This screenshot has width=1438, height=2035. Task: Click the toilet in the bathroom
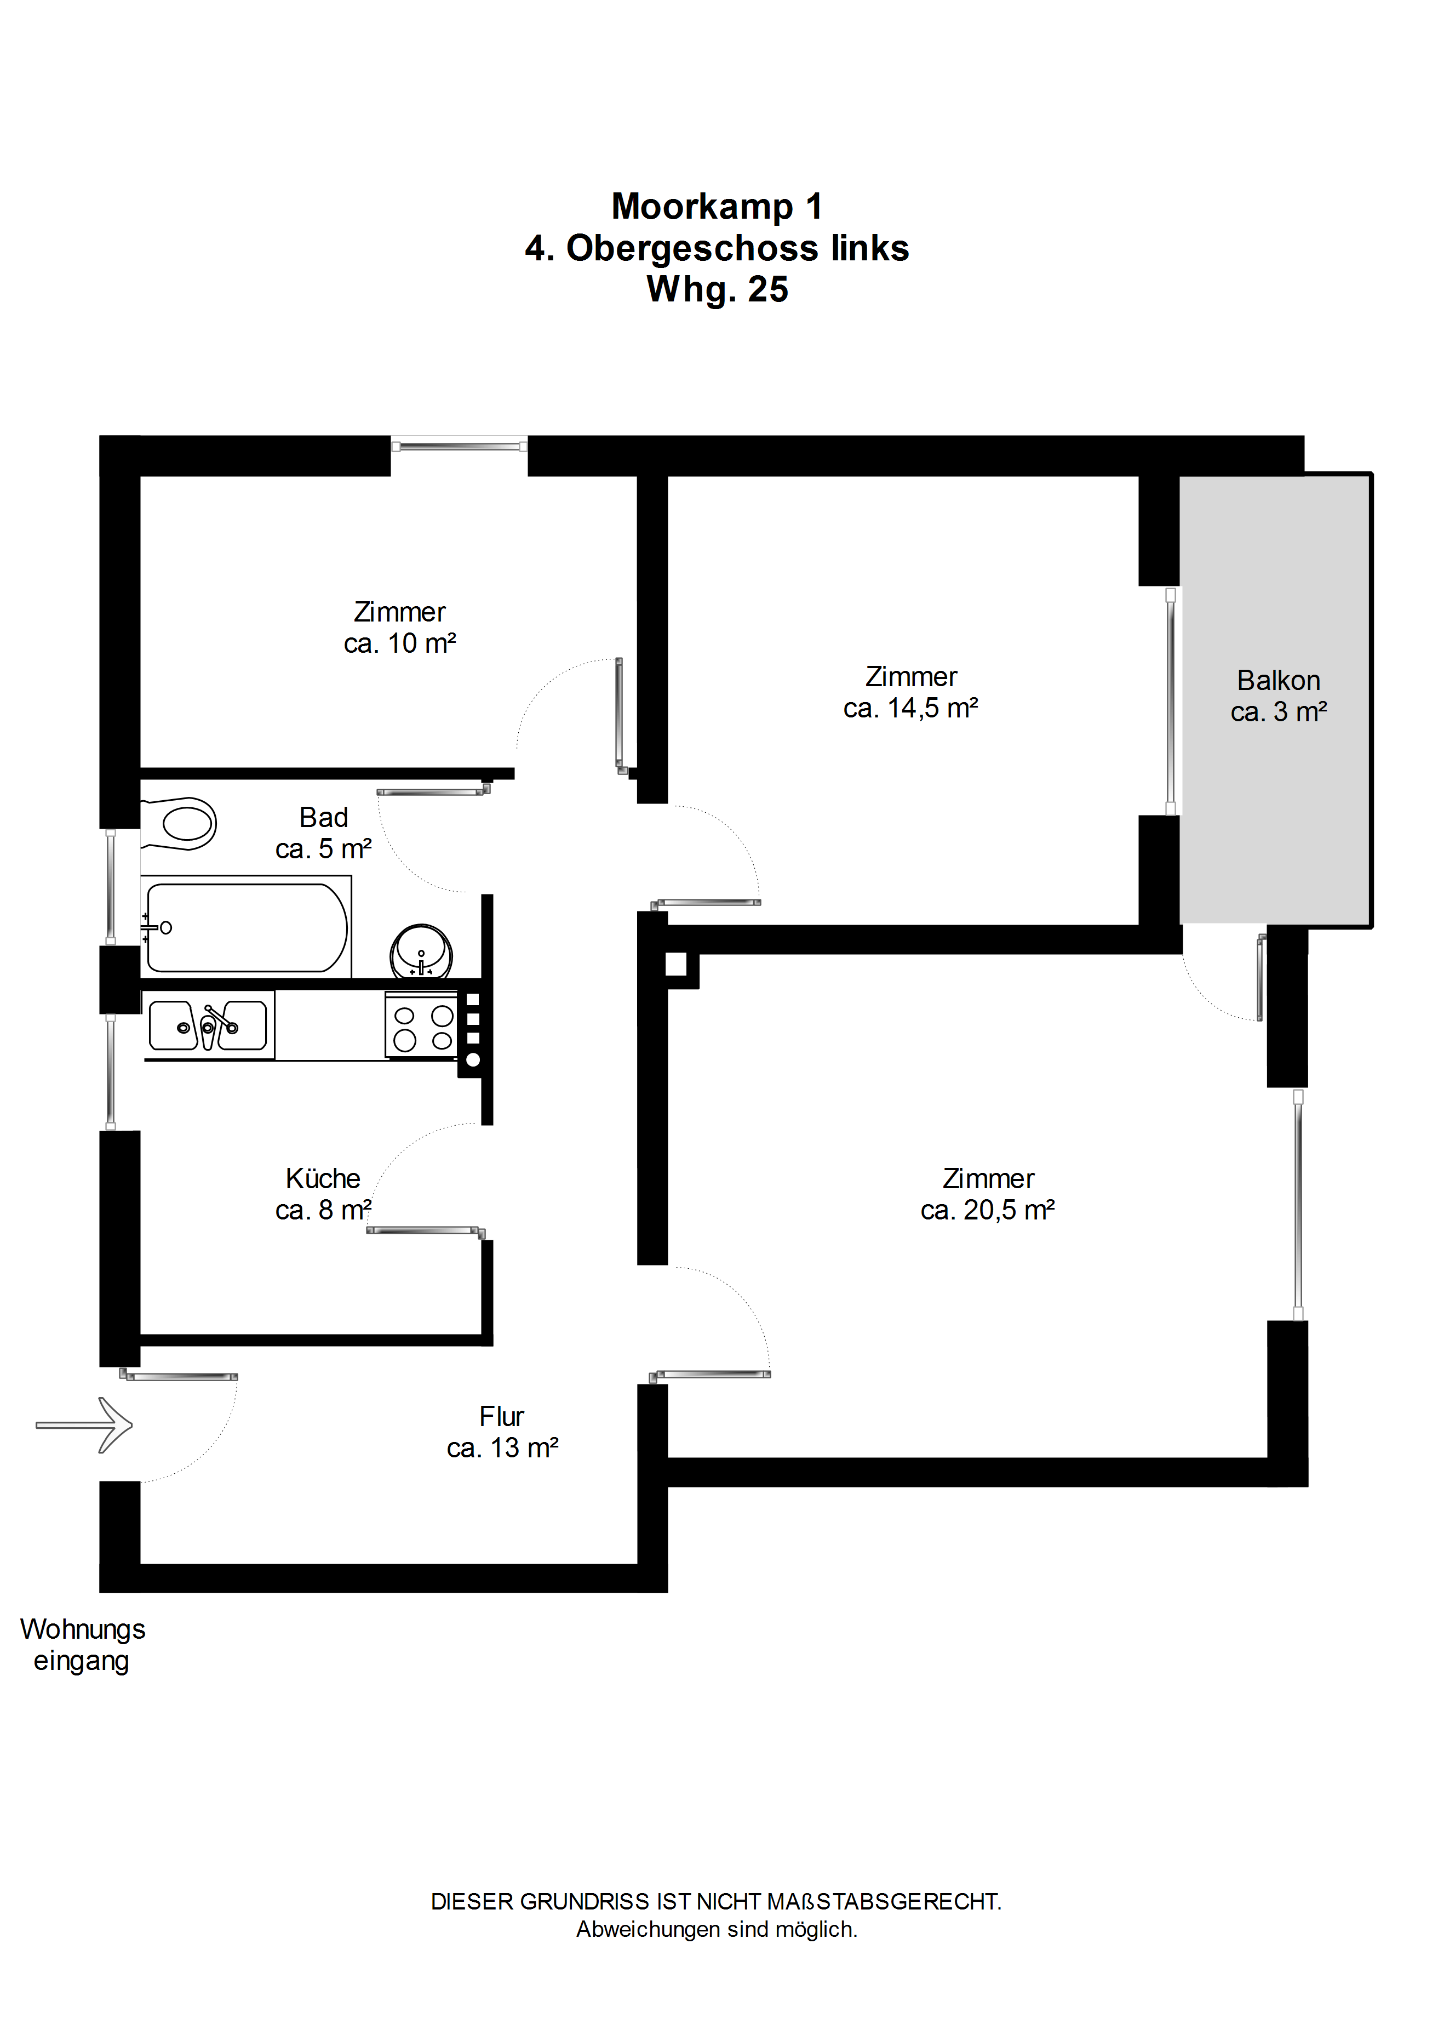coord(179,823)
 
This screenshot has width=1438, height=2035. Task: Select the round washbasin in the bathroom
coord(422,951)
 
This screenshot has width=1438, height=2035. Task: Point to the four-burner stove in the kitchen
coord(422,1025)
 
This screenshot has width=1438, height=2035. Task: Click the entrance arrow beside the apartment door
coord(84,1425)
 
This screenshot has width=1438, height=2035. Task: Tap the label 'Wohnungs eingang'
coord(82,1644)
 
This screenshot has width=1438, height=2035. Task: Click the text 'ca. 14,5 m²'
coord(911,708)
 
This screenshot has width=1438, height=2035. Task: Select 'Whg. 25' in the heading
coord(718,290)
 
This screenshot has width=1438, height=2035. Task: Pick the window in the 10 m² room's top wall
coord(459,445)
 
